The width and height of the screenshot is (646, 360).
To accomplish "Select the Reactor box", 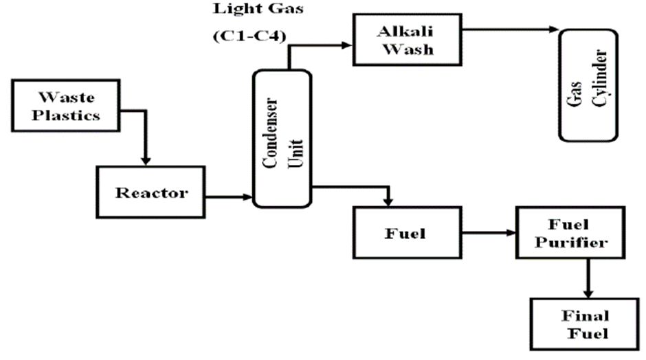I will [151, 192].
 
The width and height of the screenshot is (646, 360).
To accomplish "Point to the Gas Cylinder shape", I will [586, 85].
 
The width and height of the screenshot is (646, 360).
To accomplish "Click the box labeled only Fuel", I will [405, 234].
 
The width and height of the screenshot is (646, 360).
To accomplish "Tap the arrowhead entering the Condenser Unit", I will [248, 198].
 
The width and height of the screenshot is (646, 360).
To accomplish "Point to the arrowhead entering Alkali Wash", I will [347, 46].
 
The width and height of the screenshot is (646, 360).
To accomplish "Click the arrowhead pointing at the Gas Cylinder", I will [554, 30].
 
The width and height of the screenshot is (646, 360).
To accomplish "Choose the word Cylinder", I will [594, 85].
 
